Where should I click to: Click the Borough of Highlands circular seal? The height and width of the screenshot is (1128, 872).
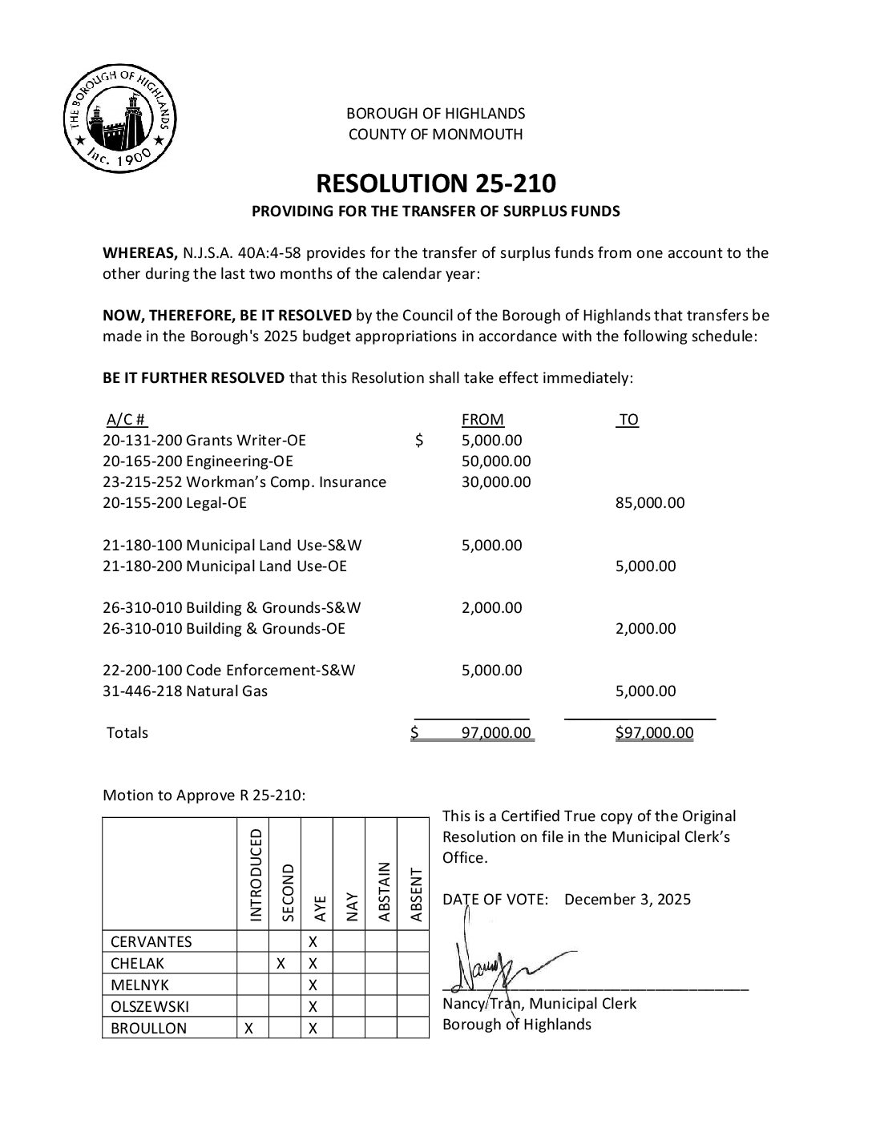pyautogui.click(x=120, y=118)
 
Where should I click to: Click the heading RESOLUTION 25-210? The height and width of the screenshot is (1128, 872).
pyautogui.click(x=435, y=183)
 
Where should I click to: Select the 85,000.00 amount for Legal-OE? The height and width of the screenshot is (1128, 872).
pyautogui.click(x=650, y=503)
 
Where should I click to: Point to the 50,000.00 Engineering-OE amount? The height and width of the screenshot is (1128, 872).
pyautogui.click(x=496, y=461)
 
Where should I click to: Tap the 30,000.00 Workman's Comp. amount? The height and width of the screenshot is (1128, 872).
pyautogui.click(x=496, y=482)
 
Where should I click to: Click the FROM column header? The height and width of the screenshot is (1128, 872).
pyautogui.click(x=482, y=420)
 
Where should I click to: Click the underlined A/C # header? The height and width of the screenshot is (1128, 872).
pyautogui.click(x=127, y=420)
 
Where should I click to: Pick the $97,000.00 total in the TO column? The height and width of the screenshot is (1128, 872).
pyautogui.click(x=654, y=732)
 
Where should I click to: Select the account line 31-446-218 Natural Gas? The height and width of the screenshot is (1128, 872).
pyautogui.click(x=185, y=691)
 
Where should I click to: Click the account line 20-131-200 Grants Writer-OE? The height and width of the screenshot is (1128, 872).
pyautogui.click(x=204, y=441)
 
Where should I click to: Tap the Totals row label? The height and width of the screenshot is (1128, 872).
pyautogui.click(x=127, y=732)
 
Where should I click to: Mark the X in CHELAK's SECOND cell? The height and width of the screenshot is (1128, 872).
pyautogui.click(x=281, y=964)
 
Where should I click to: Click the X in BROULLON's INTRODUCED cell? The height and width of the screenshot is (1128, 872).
pyautogui.click(x=249, y=1029)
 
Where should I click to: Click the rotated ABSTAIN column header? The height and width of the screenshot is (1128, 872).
pyautogui.click(x=383, y=891)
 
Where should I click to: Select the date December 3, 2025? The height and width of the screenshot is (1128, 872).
pyautogui.click(x=627, y=899)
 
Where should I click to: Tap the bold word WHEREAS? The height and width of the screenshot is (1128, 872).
pyautogui.click(x=140, y=253)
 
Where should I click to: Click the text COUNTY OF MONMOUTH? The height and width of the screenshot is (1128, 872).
pyautogui.click(x=435, y=135)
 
